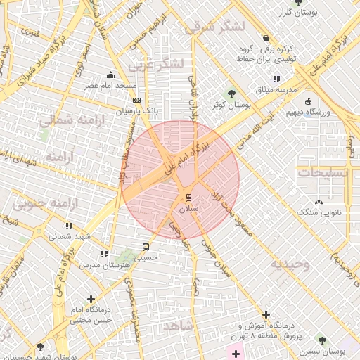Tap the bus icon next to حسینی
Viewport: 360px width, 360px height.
coord(146,247)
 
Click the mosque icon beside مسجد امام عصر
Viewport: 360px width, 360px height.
coord(110,75)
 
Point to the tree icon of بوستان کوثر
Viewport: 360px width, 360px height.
coord(232,94)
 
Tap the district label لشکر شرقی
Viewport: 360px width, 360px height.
coord(213,27)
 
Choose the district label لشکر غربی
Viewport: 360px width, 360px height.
coord(155,64)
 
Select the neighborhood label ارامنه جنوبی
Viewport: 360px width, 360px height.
coord(44,205)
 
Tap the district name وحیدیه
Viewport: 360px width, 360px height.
coord(290,264)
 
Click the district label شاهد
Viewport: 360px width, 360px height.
coord(181,327)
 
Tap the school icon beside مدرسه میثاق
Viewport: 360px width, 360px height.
coord(276,79)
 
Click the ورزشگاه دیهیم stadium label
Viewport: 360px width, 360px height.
coord(311,112)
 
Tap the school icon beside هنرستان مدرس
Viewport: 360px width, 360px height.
coord(104,254)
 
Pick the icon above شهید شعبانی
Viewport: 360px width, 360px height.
coord(69,226)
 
